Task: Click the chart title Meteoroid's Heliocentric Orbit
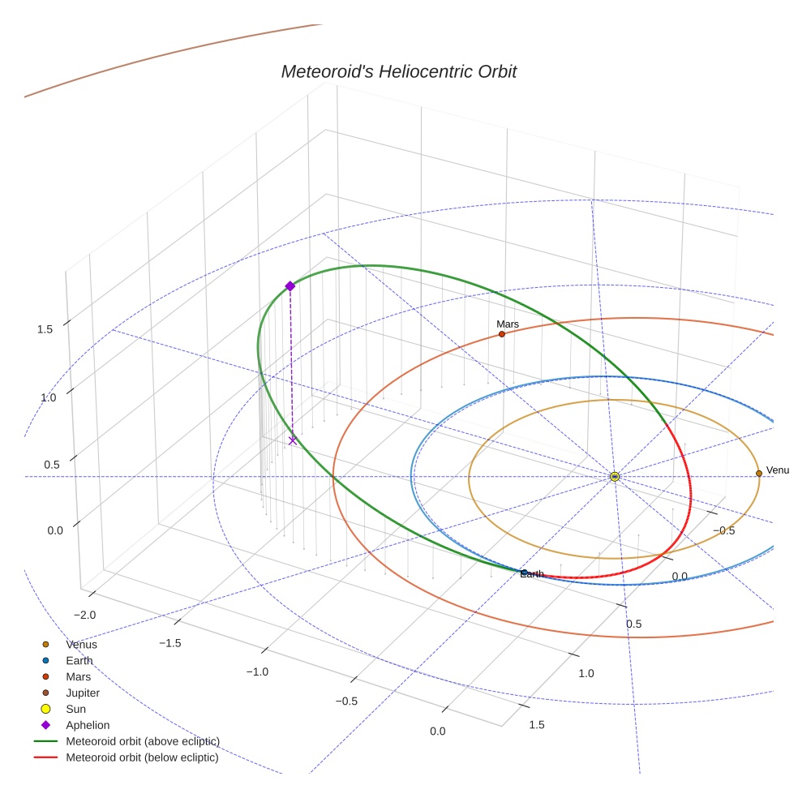[398, 72]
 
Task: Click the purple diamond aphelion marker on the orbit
[290, 286]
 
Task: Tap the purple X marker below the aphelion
[293, 440]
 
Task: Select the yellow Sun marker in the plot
[615, 476]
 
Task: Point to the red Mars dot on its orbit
[502, 334]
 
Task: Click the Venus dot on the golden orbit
[759, 473]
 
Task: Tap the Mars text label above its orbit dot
[508, 324]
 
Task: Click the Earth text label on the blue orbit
[532, 574]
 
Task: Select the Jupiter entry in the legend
[83, 693]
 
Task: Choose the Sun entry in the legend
[75, 710]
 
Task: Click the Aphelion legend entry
[88, 725]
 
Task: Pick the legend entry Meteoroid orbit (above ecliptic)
[143, 741]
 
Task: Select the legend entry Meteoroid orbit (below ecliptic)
[142, 757]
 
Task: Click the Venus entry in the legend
[81, 645]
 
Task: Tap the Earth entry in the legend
[79, 661]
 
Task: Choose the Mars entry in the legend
[78, 677]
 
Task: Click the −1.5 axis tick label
[169, 643]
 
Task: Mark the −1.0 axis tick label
[257, 672]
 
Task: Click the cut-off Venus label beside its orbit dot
[777, 470]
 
